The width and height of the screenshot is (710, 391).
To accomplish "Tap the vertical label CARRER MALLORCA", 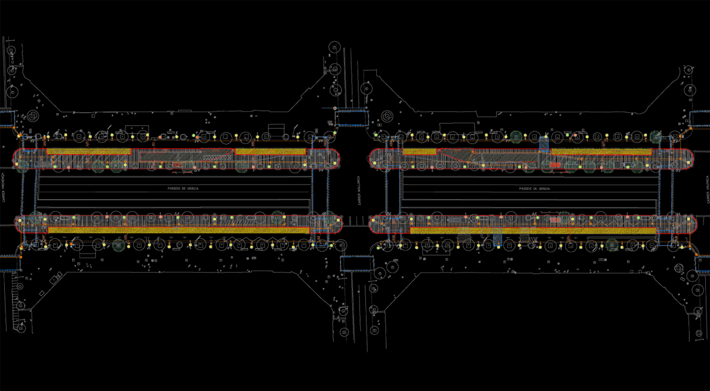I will [x=359, y=189].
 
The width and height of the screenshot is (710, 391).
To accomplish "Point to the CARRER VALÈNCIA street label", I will [x=708, y=189].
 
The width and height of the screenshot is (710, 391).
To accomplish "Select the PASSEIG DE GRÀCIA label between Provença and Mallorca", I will [x=183, y=188].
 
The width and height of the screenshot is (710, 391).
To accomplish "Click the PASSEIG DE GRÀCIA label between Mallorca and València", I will [x=535, y=188].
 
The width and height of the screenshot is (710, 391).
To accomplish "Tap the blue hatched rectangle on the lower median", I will [x=497, y=239].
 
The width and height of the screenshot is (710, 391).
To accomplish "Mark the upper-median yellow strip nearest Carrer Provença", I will [x=88, y=152].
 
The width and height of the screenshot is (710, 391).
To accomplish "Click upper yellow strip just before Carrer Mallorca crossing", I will [x=271, y=152].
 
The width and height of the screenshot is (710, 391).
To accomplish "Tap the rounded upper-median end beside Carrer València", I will [x=688, y=158].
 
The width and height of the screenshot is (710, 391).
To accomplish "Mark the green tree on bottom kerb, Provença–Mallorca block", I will [x=118, y=243].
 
